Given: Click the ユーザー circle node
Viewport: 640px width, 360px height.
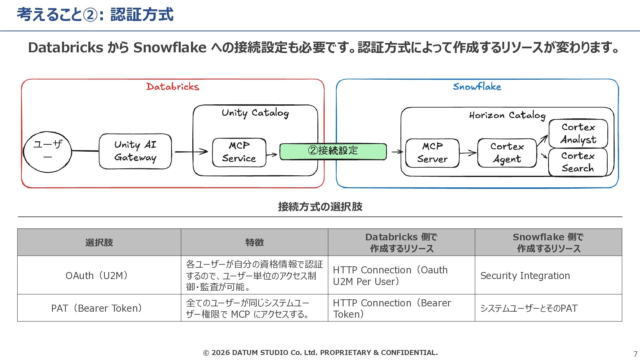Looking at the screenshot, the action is pyautogui.click(x=47, y=152).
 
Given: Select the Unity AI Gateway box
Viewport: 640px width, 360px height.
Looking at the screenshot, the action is pyautogui.click(x=135, y=151).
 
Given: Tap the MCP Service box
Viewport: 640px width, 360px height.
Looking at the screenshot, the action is pyautogui.click(x=239, y=152).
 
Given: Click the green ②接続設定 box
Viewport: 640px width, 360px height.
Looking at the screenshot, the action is pyautogui.click(x=333, y=151).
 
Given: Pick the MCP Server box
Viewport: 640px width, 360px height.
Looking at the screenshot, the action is pyautogui.click(x=432, y=153).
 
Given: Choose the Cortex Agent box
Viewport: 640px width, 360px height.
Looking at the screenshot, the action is pyautogui.click(x=507, y=153).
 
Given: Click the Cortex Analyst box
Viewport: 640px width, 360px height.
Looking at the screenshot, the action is pyautogui.click(x=578, y=133).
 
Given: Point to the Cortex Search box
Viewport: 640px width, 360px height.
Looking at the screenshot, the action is pyautogui.click(x=578, y=162).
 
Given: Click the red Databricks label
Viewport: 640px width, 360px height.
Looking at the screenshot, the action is pyautogui.click(x=173, y=87).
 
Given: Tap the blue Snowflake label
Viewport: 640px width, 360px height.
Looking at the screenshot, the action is pyautogui.click(x=477, y=87).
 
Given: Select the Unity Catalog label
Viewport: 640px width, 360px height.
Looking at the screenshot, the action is pyautogui.click(x=255, y=113).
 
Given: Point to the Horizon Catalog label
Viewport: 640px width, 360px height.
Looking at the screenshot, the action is pyautogui.click(x=507, y=115).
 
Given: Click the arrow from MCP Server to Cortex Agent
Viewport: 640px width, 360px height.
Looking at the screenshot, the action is pyautogui.click(x=468, y=153).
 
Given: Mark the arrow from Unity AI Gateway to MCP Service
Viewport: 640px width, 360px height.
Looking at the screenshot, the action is pyautogui.click(x=191, y=152).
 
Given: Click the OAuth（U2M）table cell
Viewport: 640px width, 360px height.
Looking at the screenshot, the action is pyautogui.click(x=99, y=275).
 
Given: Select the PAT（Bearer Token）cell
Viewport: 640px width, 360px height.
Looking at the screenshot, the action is pyautogui.click(x=99, y=308).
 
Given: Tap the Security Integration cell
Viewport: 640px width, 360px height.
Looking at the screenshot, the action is pyautogui.click(x=548, y=275).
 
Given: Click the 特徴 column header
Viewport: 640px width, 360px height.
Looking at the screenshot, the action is pyautogui.click(x=254, y=242).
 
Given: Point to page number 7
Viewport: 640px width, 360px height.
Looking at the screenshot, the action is pyautogui.click(x=635, y=354).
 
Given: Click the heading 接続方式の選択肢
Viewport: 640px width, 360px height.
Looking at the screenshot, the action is pyautogui.click(x=320, y=207).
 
